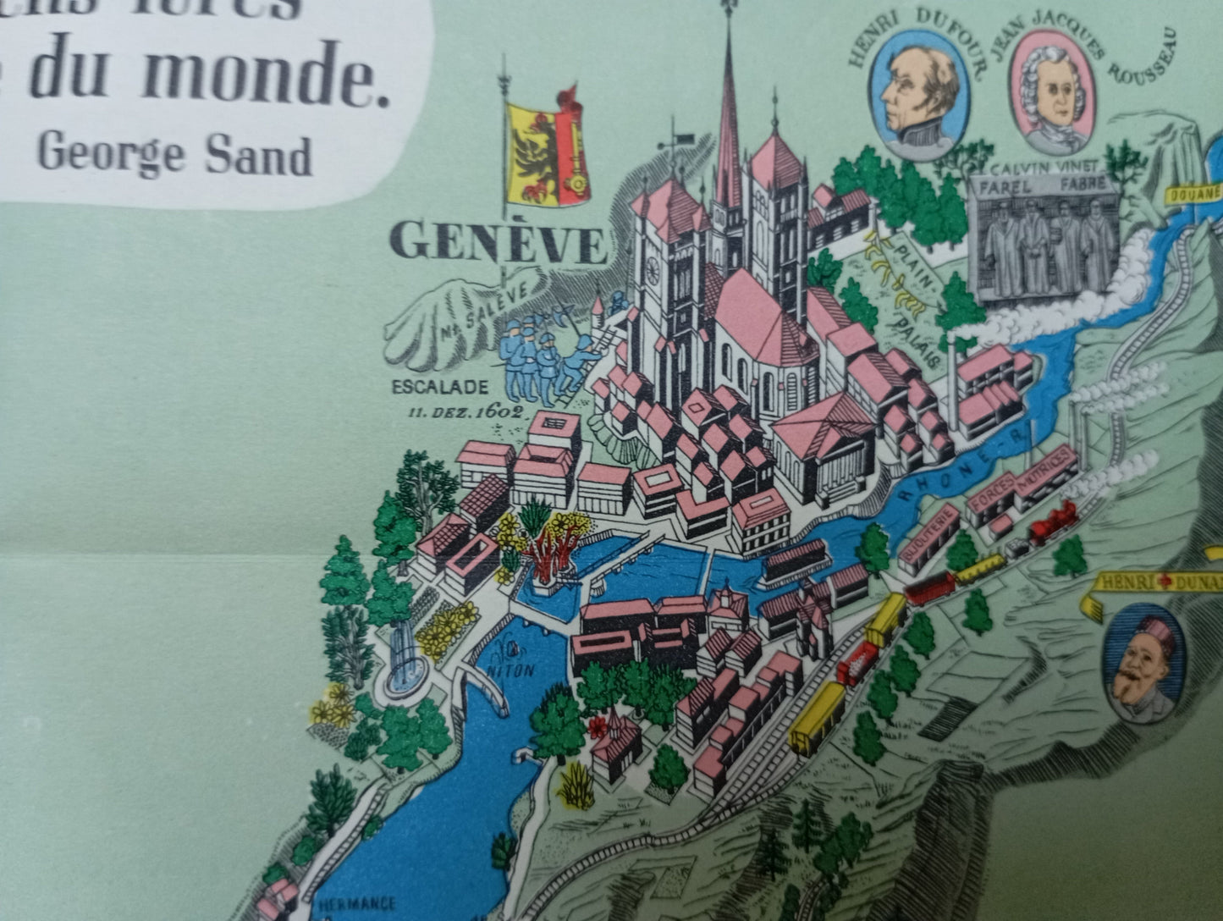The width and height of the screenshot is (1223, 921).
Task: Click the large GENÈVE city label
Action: point(499,244)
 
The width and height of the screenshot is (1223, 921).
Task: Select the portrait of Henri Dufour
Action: point(920,94)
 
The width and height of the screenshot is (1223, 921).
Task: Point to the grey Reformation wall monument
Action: point(1043,238)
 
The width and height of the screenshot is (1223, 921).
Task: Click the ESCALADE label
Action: point(440,387)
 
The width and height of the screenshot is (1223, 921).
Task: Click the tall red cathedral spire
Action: point(728,127)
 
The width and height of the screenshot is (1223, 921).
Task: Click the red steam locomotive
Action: point(1052,521)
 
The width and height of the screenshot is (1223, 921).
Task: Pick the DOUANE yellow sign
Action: point(1194,193)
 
